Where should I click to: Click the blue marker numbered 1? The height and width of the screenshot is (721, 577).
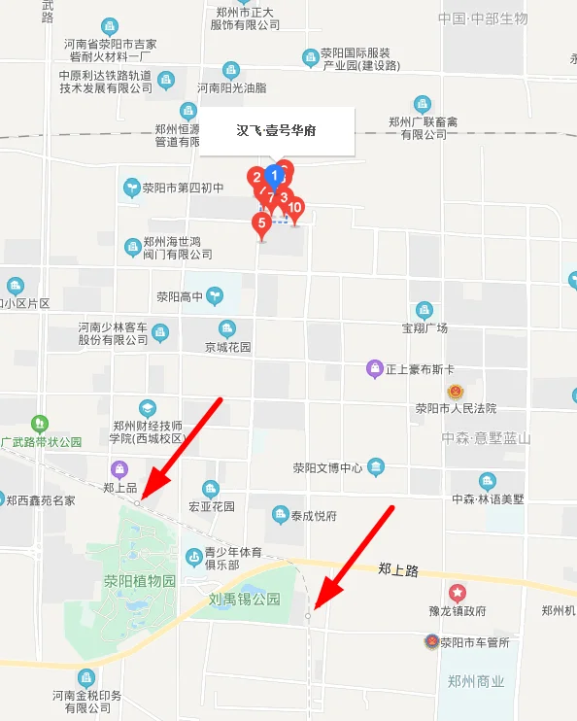pos(274,176)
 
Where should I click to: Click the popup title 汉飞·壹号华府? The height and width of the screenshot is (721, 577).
pos(277,129)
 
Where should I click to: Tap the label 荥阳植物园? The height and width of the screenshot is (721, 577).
pos(140,581)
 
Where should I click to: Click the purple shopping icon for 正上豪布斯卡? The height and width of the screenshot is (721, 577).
pos(374,368)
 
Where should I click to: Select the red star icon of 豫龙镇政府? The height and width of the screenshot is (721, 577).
pos(457,593)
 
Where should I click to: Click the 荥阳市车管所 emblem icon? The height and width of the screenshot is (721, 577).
pos(431,641)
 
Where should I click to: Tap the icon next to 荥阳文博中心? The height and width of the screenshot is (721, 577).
pos(375,468)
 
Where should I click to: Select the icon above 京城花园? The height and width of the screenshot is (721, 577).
pos(227,329)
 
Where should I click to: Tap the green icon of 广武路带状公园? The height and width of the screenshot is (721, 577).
pos(39,424)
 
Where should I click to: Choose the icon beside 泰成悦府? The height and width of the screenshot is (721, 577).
pos(282,515)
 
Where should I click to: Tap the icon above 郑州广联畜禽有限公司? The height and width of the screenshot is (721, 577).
pos(422,104)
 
